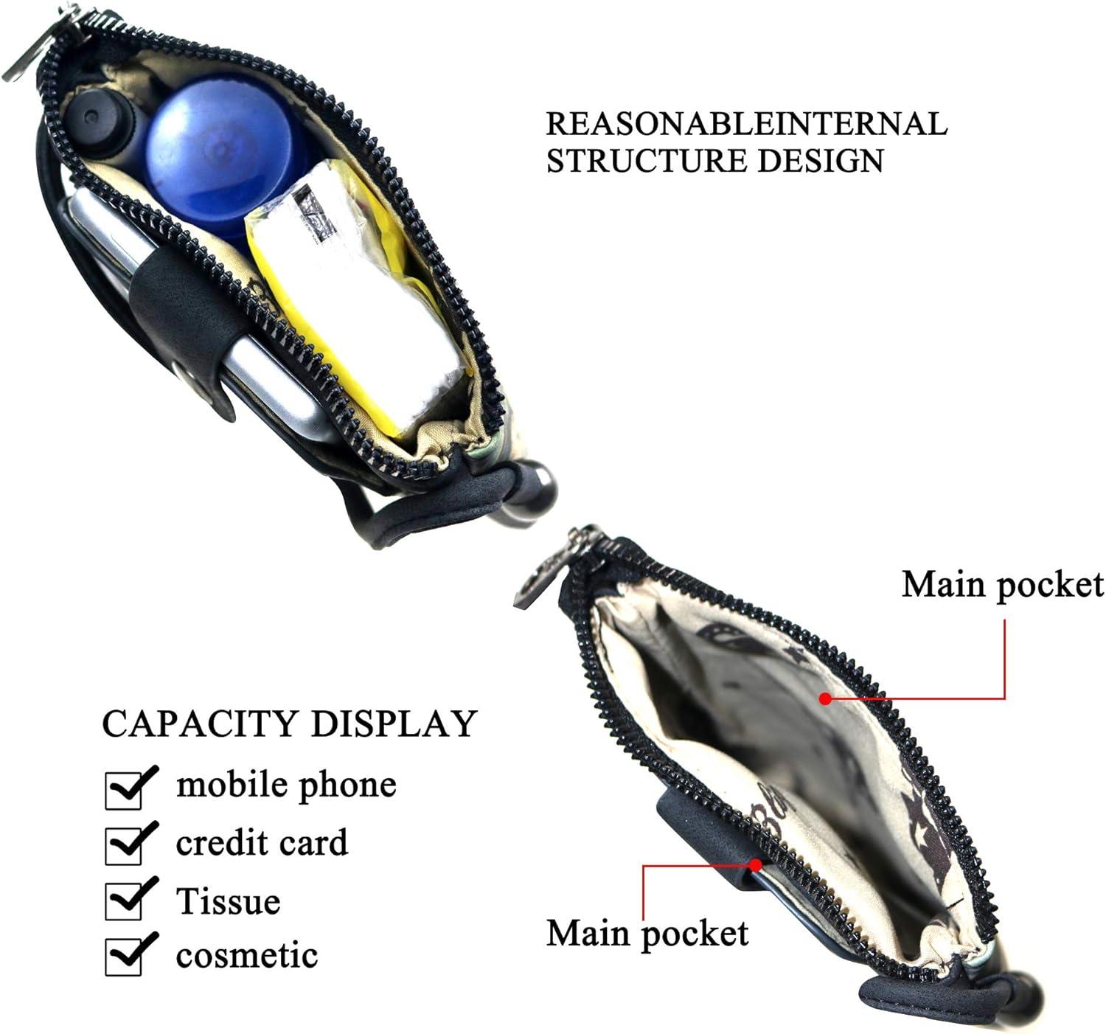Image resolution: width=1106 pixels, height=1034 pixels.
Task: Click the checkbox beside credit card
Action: coord(124,845)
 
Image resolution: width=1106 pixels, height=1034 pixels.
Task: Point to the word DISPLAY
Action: coord(393,724)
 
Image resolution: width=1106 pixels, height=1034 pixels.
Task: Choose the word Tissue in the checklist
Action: coord(228,901)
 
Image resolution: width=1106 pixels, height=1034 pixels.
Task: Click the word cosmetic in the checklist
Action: coord(246,957)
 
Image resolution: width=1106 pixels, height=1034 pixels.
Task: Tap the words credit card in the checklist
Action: coord(261,844)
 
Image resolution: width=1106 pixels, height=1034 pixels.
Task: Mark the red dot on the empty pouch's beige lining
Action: coord(826,698)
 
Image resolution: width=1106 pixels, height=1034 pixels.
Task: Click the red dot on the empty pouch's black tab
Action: coord(756,864)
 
